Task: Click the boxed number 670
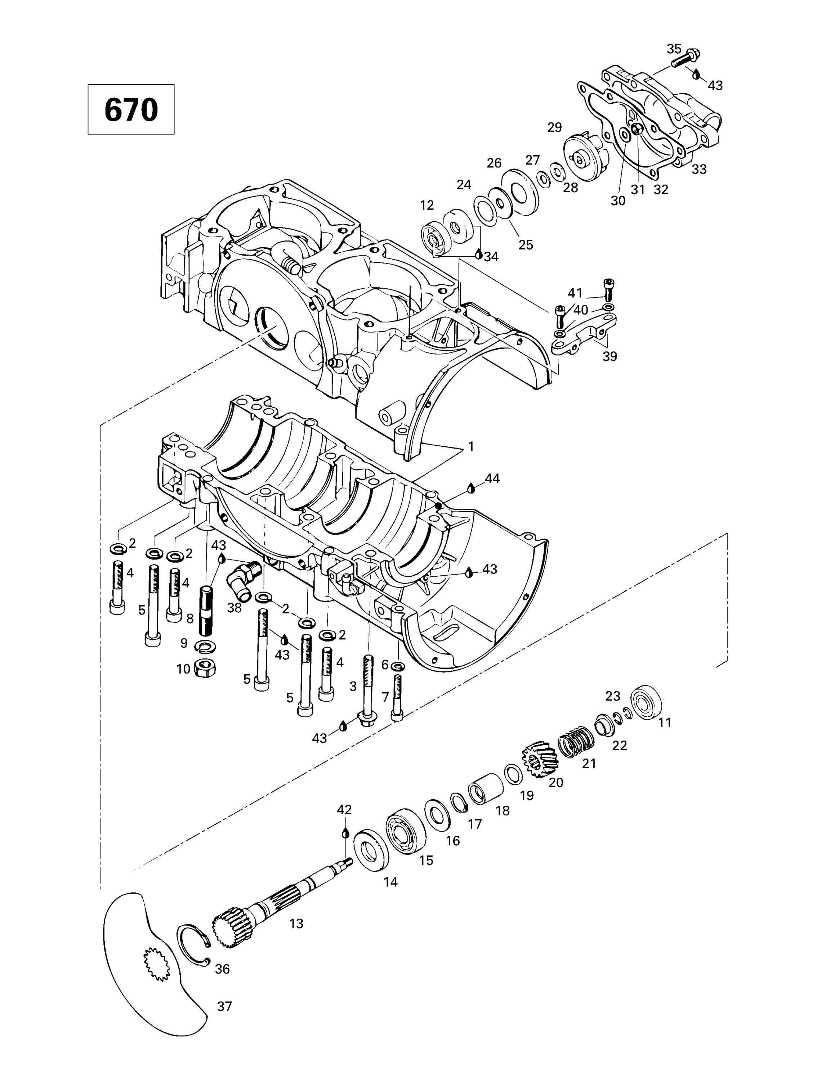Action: coord(131,109)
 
